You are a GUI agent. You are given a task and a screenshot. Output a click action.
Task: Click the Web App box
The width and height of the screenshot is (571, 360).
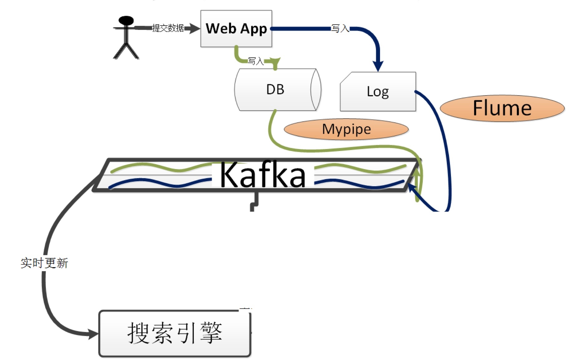pyautogui.click(x=236, y=29)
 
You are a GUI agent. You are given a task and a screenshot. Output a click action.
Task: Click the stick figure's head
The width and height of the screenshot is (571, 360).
pyautogui.click(x=126, y=21)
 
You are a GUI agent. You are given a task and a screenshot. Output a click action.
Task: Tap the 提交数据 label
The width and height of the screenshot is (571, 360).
pyautogui.click(x=168, y=28)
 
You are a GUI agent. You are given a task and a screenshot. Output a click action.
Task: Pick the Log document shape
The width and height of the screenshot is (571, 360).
pyautogui.click(x=378, y=92)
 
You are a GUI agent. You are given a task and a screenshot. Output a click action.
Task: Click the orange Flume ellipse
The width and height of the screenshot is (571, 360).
pyautogui.click(x=502, y=108)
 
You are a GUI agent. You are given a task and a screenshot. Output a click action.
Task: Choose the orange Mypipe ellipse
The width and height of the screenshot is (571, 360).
pyautogui.click(x=346, y=129)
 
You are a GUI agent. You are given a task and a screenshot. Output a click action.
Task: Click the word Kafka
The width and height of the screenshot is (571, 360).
pyautogui.click(x=263, y=175)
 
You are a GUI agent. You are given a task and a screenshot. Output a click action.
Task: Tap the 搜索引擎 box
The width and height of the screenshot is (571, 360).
pyautogui.click(x=175, y=333)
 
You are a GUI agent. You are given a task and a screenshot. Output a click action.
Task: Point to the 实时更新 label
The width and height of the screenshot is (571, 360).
pyautogui.click(x=44, y=263)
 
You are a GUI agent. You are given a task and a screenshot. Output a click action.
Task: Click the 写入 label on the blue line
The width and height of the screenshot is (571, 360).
pyautogui.click(x=340, y=29)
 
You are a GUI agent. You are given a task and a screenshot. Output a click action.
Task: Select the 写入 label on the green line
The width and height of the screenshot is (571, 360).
pyautogui.click(x=256, y=61)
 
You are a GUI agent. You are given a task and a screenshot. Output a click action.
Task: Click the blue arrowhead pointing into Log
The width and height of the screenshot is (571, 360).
pyautogui.click(x=378, y=66)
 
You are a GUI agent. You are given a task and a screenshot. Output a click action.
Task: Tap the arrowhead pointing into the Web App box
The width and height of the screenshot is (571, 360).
pyautogui.click(x=195, y=28)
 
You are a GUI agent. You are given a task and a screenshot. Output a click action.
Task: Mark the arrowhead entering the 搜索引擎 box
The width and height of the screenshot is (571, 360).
pyautogui.click(x=93, y=334)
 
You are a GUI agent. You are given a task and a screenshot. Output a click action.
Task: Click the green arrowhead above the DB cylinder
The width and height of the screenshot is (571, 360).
pyautogui.click(x=276, y=61)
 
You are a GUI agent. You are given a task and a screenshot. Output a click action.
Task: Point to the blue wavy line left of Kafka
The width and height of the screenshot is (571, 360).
pyautogui.click(x=159, y=183)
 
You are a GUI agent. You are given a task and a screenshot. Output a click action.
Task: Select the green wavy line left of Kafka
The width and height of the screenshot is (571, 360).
pyautogui.click(x=159, y=168)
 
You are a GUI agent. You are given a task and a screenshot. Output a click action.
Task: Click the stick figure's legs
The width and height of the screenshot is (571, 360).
pyautogui.click(x=126, y=51)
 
